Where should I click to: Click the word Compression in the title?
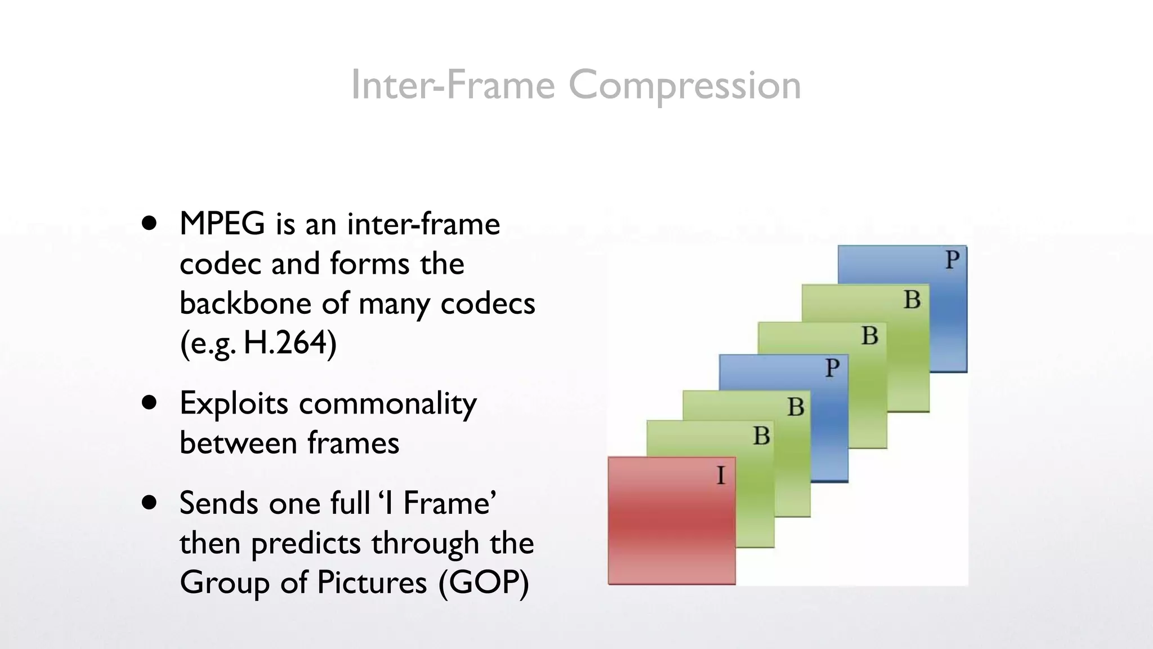684,86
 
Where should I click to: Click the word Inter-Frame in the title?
453,86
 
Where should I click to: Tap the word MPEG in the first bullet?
222,224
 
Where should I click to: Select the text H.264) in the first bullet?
290,343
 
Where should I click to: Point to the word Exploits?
234,404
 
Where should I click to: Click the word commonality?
387,404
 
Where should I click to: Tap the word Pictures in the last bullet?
372,582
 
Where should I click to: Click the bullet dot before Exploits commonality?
149,403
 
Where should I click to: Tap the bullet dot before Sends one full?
149,503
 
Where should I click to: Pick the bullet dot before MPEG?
149,224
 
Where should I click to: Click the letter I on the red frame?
721,476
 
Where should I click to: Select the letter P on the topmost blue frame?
952,260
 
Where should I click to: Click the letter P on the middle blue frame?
832,368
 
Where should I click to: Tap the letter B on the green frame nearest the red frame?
761,436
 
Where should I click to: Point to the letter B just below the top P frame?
912,300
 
